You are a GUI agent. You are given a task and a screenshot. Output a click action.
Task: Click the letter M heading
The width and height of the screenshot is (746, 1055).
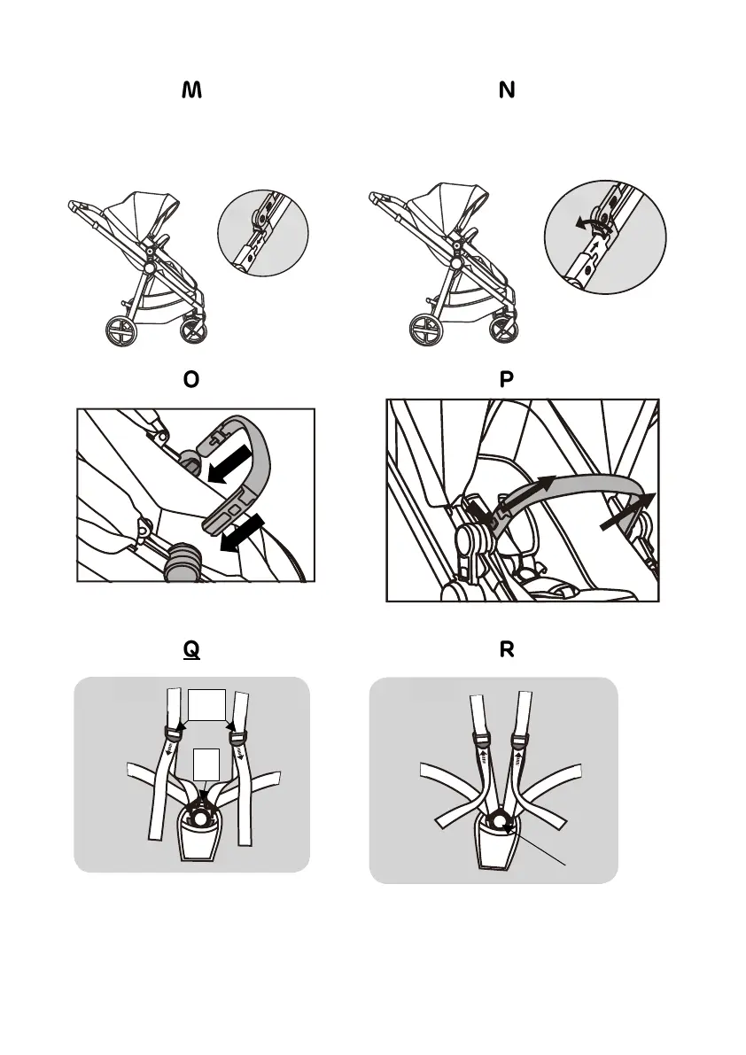(191, 91)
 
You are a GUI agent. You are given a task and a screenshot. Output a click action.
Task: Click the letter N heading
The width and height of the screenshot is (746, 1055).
(507, 91)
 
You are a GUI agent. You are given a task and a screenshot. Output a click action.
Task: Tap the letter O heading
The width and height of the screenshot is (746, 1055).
(190, 380)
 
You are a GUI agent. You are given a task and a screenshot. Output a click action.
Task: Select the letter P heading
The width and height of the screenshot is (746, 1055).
(507, 380)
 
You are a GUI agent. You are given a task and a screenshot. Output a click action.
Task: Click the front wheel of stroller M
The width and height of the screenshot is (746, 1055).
(195, 330)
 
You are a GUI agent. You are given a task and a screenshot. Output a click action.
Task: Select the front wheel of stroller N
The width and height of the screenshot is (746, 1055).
(501, 330)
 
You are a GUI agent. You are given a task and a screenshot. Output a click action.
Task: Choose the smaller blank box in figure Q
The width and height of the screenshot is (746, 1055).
(205, 764)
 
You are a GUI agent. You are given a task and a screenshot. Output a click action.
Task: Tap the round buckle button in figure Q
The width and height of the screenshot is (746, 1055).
(202, 819)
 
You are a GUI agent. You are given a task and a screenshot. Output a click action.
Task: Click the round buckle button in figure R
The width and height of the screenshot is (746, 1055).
(501, 823)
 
